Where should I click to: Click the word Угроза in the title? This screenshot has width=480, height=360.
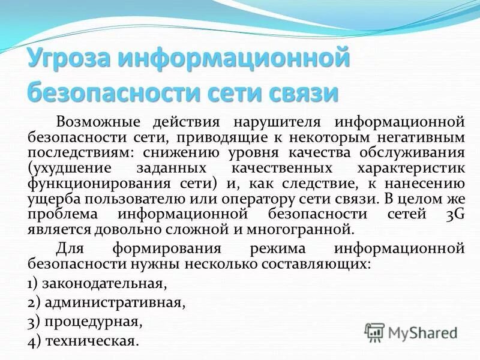[x=68, y=61]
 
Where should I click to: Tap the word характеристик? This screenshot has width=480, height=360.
[x=412, y=168]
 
